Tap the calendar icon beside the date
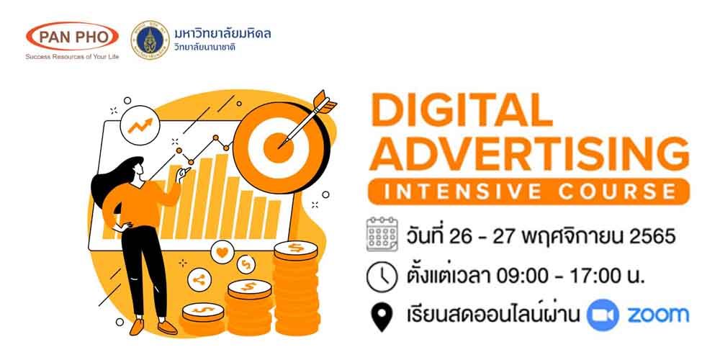[x=382, y=235]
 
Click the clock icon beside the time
[x=382, y=276]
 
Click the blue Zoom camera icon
[x=603, y=315]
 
